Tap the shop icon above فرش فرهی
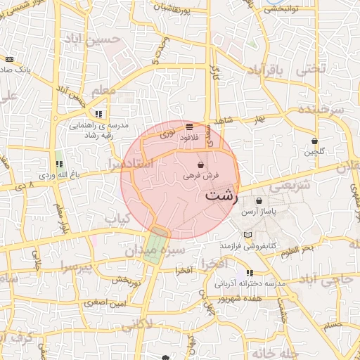[201, 164]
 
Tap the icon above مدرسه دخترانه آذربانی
[249, 273]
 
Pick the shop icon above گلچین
[314, 141]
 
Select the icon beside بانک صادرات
[10, 60]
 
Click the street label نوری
[170, 131]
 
